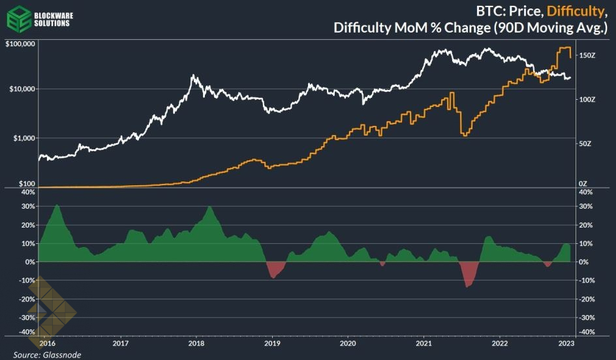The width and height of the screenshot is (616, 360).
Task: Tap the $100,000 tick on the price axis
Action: coord(20,44)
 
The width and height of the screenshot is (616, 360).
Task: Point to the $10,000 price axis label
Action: coord(22,89)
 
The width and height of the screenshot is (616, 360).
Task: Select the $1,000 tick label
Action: coord(23,138)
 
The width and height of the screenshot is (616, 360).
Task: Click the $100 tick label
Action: coord(26,185)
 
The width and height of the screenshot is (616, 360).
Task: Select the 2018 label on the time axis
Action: coord(196,342)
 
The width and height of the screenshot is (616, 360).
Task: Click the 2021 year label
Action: coord(424,342)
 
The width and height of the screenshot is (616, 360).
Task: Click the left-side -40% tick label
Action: coord(27,331)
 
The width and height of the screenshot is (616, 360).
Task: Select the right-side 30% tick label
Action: coord(587,206)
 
